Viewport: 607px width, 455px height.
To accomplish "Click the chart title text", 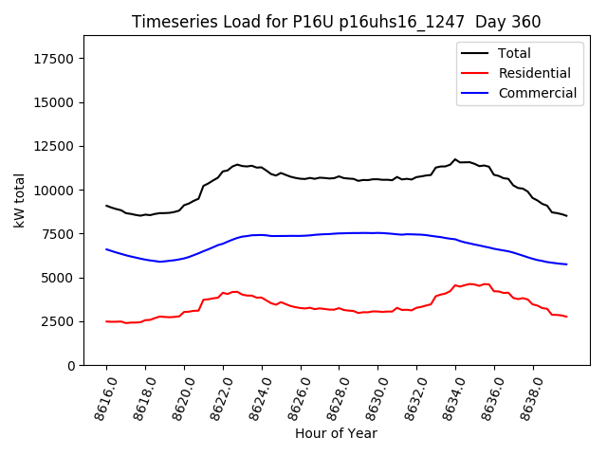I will (x=337, y=22).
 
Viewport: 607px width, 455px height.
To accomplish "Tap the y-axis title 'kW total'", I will (x=19, y=200).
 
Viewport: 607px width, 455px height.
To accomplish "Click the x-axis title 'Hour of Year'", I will (x=337, y=433).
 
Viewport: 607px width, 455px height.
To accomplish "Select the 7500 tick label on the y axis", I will (x=60, y=234).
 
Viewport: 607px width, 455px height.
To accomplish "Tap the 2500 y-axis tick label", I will (x=60, y=322).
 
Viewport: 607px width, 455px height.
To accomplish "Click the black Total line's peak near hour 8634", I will (x=455, y=159).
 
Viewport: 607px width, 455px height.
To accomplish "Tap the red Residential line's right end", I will (x=566, y=317).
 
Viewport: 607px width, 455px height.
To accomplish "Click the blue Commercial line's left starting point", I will (x=106, y=249).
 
